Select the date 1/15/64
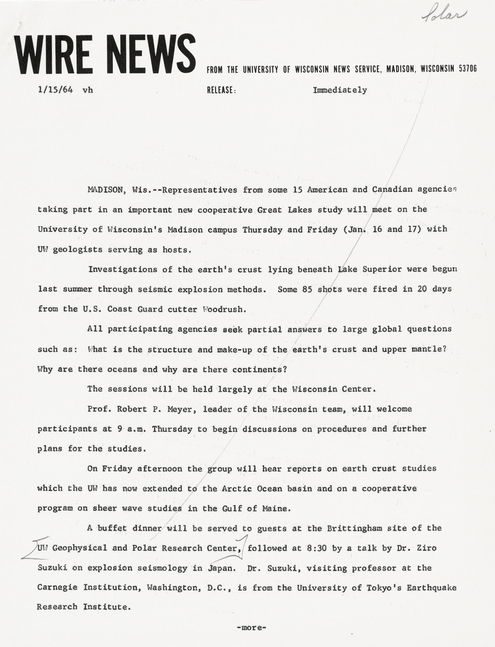[x=55, y=90]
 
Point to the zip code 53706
[x=468, y=69]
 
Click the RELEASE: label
[x=221, y=90]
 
